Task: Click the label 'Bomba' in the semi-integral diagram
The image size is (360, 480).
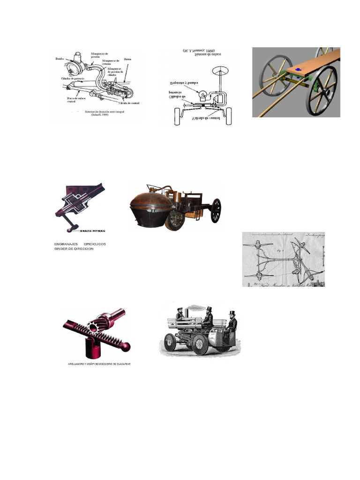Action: [x=59, y=59]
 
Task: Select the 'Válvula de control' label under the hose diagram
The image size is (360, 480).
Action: [x=129, y=102]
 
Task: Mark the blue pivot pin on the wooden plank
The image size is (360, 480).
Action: [x=298, y=69]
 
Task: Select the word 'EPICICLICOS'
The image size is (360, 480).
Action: [x=98, y=244]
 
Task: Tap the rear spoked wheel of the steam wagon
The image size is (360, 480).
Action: [x=216, y=210]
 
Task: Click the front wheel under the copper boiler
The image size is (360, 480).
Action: [x=175, y=220]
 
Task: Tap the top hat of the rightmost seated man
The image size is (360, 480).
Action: [x=231, y=313]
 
